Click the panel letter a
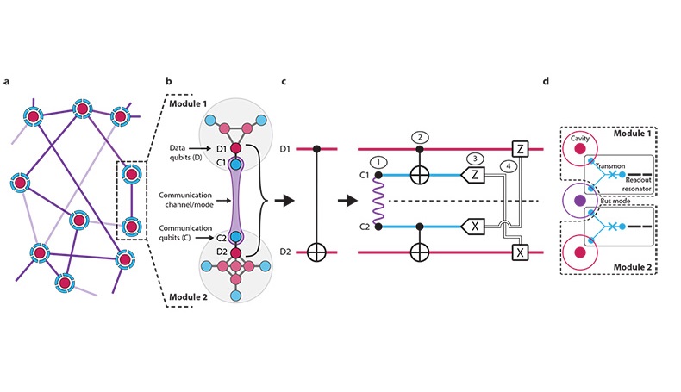coord(7,82)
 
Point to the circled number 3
coord(473,159)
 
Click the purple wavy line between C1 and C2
coord(377,201)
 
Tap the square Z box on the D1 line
coord(519,148)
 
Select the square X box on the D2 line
coord(519,252)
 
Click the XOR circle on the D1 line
coord(420,176)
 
